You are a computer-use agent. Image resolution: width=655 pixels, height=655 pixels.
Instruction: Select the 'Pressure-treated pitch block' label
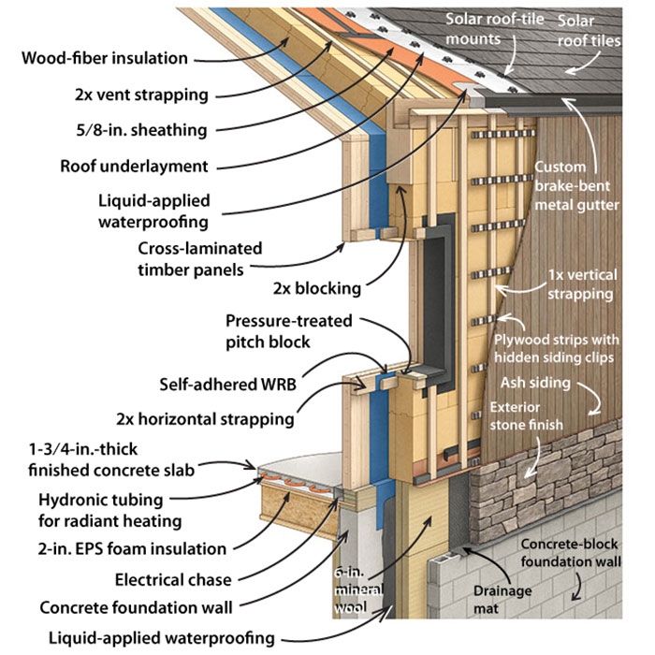point(287,330)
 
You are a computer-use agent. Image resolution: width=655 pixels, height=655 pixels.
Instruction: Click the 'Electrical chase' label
point(174,579)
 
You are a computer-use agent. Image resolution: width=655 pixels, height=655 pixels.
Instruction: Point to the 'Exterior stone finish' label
point(527,415)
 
